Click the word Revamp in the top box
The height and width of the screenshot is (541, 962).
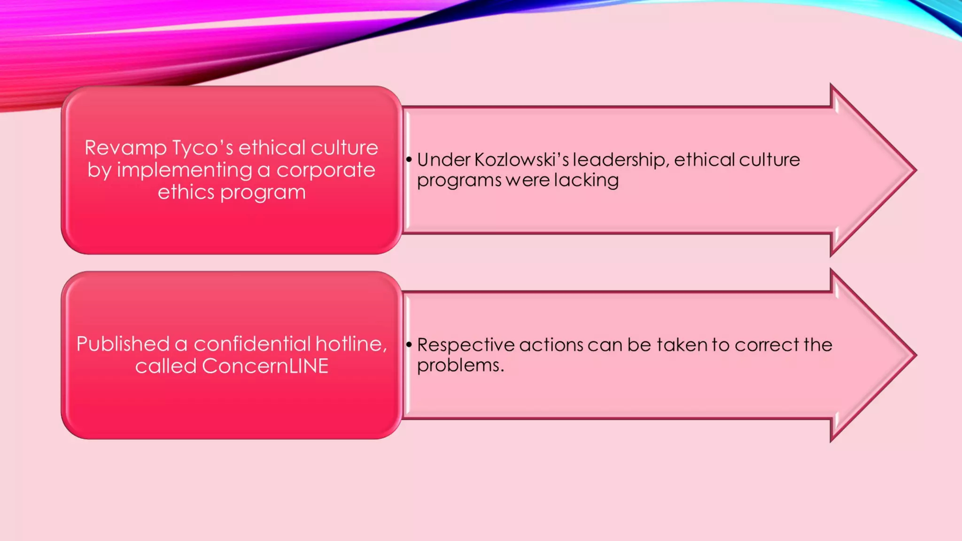tap(125, 148)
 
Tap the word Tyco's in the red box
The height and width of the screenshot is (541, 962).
tap(202, 148)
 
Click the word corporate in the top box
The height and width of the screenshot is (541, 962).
tap(326, 170)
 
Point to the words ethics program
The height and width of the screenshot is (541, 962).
tap(232, 193)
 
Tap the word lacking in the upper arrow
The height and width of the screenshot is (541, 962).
tap(586, 181)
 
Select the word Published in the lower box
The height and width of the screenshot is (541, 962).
tap(123, 344)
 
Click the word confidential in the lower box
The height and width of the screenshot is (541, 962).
tap(252, 344)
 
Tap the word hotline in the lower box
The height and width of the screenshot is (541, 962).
tap(350, 344)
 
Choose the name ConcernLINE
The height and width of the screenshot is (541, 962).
tap(265, 366)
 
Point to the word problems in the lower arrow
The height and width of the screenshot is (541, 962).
tap(460, 366)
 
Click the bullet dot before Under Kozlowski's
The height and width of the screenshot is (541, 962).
tap(409, 160)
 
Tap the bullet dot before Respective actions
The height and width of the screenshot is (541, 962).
tap(409, 345)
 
